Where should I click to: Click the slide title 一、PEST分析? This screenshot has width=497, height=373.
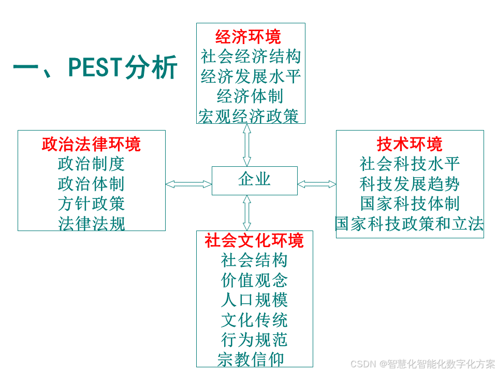click(x=95, y=67)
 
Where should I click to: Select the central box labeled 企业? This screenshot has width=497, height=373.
click(x=254, y=180)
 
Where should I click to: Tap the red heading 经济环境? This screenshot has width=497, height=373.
click(x=248, y=37)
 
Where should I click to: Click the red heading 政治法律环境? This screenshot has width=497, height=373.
click(x=91, y=144)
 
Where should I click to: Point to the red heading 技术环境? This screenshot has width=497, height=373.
click(x=410, y=144)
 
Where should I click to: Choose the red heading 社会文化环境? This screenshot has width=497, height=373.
click(x=254, y=240)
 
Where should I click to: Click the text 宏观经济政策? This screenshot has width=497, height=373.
click(x=248, y=116)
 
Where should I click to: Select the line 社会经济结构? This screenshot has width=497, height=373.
click(x=251, y=56)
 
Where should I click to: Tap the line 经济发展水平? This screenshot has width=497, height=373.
click(x=251, y=77)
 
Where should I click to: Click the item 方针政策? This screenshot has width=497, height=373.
click(x=91, y=203)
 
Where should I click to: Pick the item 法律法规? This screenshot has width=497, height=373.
click(x=91, y=223)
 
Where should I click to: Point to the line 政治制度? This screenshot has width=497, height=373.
click(x=91, y=164)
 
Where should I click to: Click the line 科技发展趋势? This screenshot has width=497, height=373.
click(x=410, y=183)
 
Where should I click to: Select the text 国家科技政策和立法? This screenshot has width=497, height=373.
click(x=410, y=223)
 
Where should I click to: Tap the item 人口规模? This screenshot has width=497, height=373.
click(x=254, y=299)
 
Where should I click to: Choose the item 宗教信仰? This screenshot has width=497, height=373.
click(x=250, y=359)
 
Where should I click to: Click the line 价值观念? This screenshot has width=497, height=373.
click(x=254, y=280)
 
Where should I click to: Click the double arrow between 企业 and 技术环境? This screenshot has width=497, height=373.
click(x=317, y=184)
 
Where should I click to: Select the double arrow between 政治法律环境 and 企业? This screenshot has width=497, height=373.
click(x=188, y=184)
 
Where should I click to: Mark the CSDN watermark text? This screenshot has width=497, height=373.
click(x=422, y=364)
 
